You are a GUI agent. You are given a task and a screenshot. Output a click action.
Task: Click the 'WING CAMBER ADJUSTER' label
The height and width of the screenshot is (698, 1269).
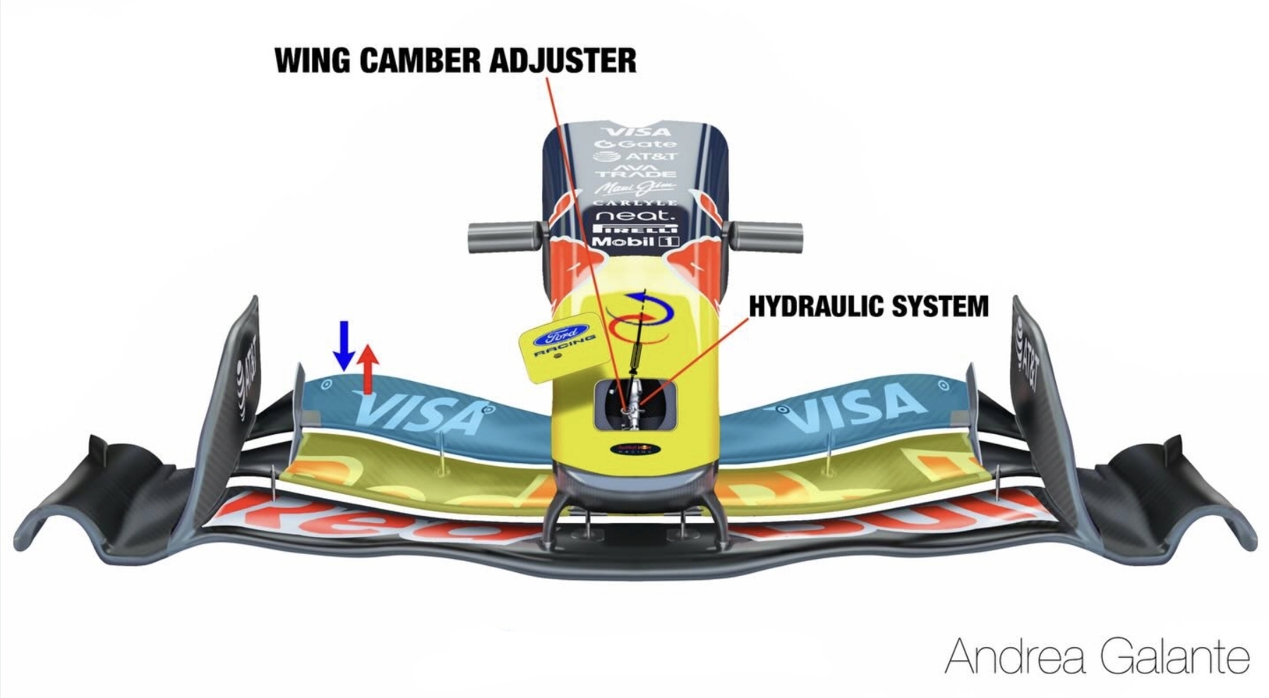click(455, 60)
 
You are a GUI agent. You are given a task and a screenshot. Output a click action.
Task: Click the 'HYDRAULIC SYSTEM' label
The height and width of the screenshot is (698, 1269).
click(868, 306)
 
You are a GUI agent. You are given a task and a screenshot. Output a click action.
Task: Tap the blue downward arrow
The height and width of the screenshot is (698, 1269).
click(344, 345)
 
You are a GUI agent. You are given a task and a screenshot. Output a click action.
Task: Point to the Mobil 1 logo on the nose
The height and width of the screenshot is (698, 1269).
click(635, 241)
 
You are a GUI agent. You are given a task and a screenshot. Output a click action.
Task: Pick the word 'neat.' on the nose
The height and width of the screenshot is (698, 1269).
click(635, 215)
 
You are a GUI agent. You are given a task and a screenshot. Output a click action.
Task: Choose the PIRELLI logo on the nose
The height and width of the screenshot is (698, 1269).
click(635, 229)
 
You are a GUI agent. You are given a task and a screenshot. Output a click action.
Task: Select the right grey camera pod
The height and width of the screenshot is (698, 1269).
click(766, 237)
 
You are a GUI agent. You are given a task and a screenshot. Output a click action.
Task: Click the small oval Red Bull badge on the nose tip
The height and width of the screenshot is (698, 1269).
click(636, 449)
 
